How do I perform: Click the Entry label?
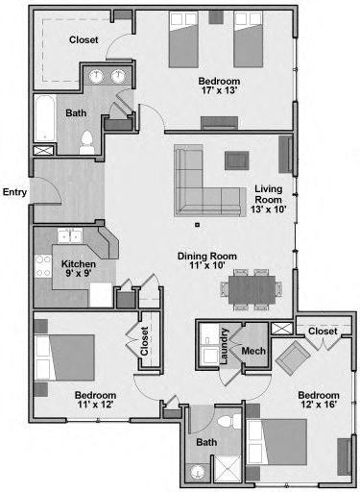click(x=15, y=191)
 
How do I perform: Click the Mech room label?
click(x=253, y=351)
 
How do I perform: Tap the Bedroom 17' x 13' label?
click(x=218, y=86)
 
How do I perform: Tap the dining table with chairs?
click(x=252, y=289)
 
